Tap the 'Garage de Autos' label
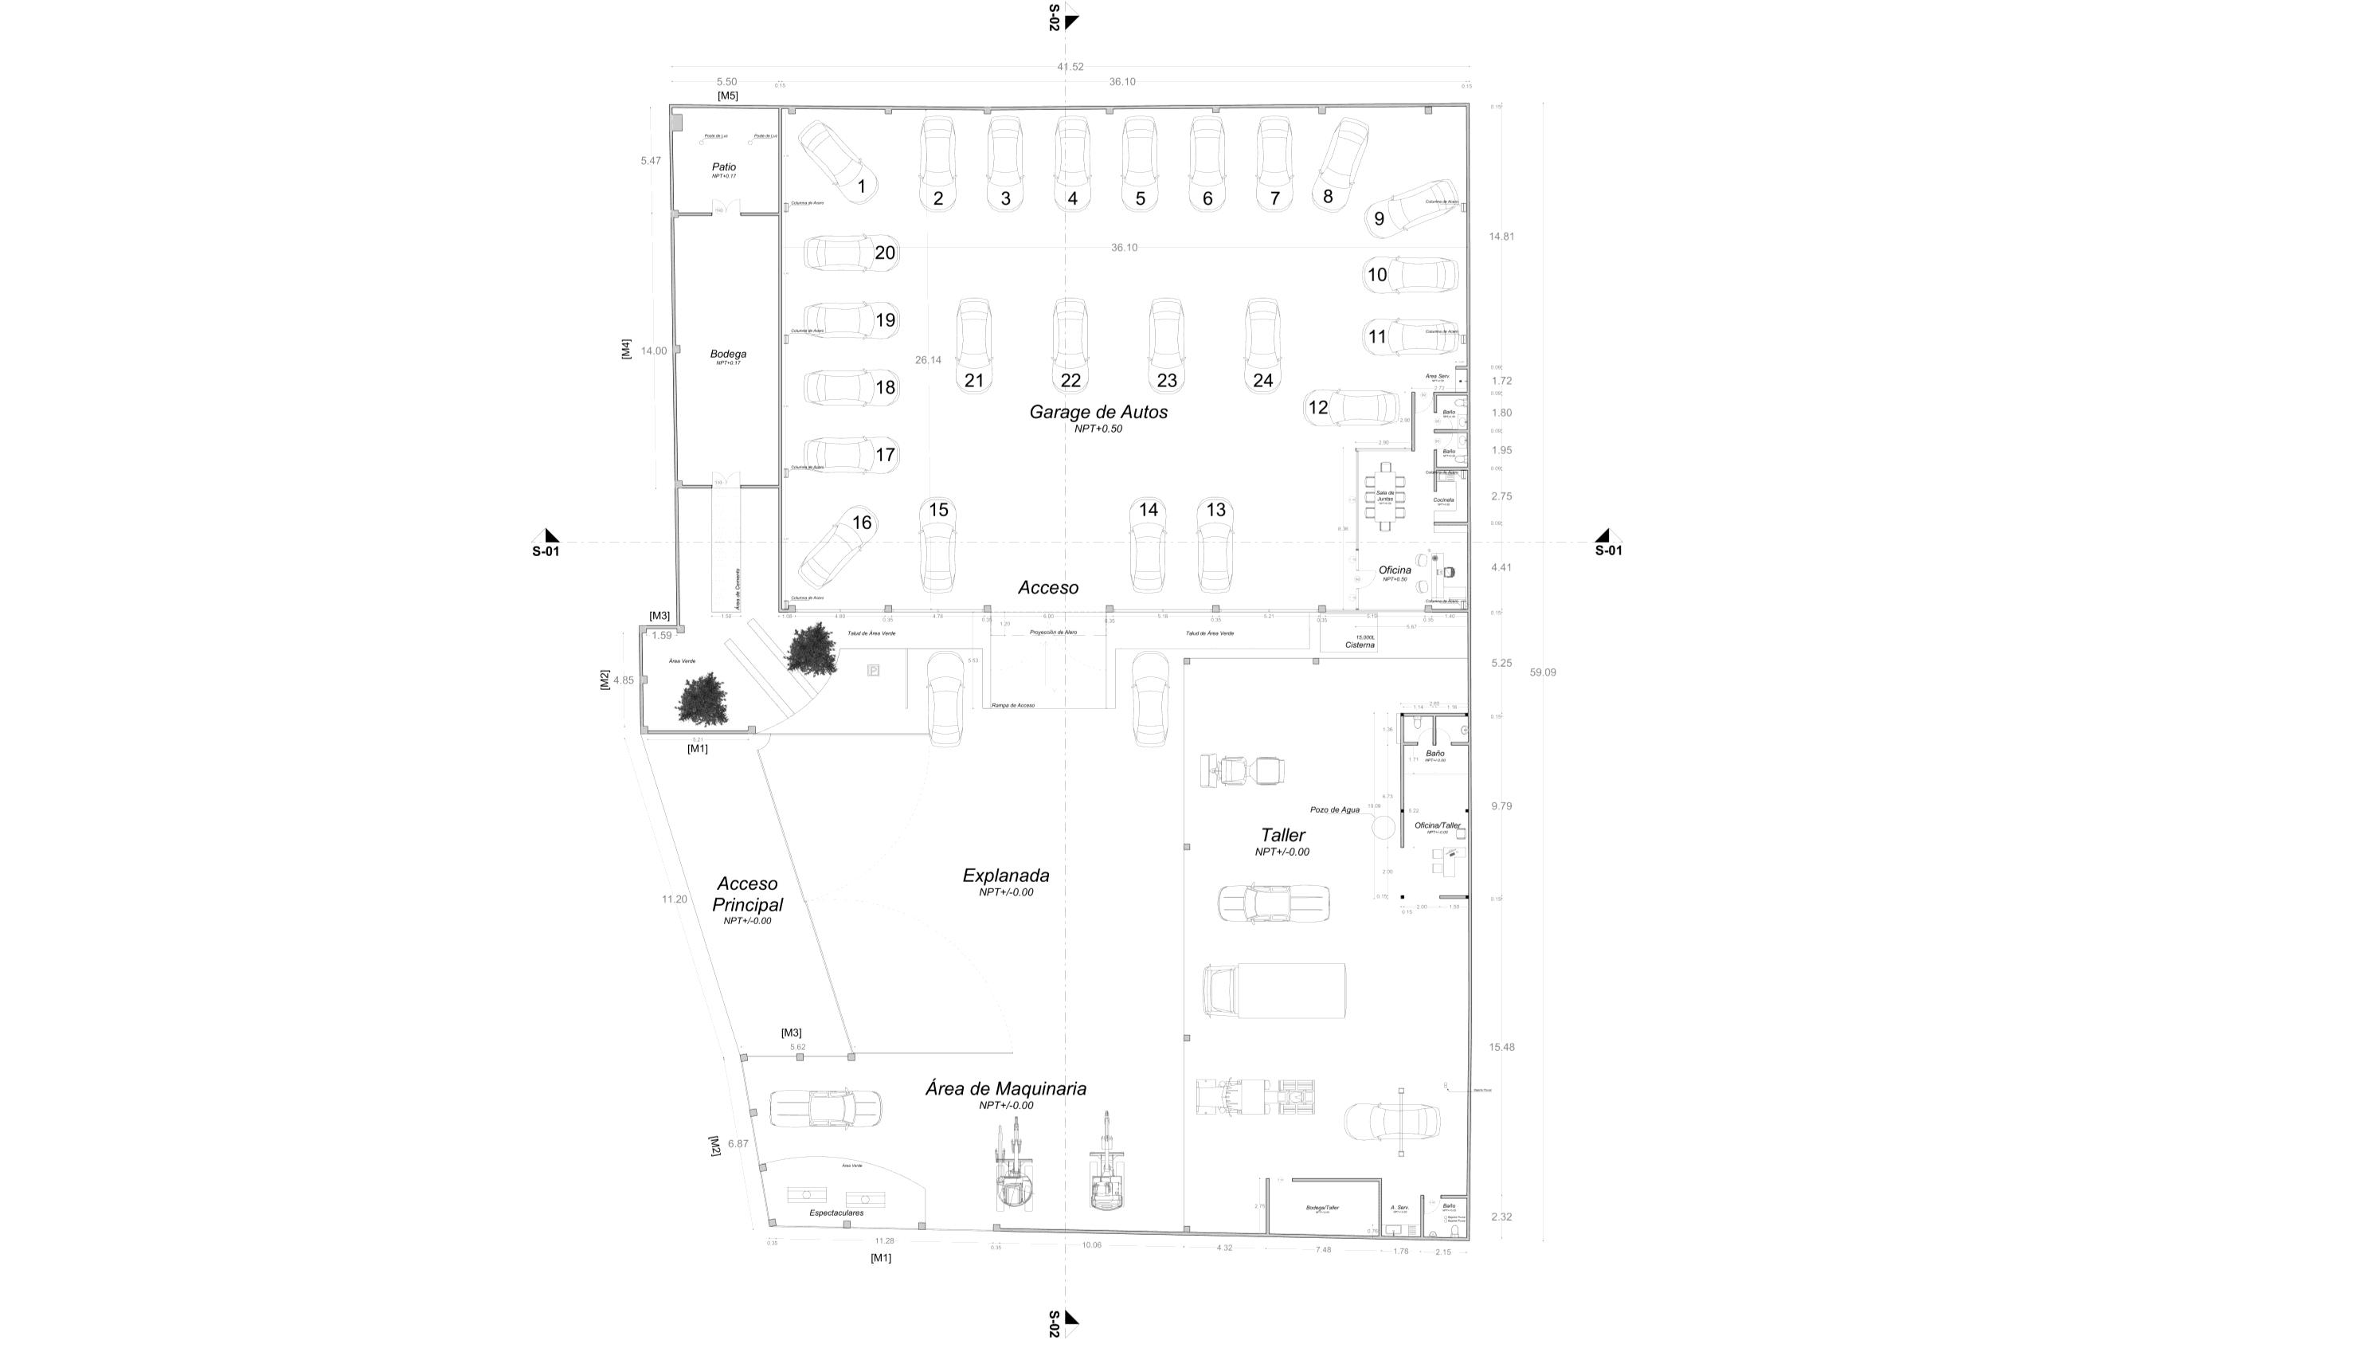tap(1098, 412)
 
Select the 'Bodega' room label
tap(728, 354)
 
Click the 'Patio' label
tap(724, 167)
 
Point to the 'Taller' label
tap(1283, 836)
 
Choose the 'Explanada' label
tap(1005, 876)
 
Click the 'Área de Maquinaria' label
tap(1005, 1089)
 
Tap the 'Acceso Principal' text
tap(747, 894)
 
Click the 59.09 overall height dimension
tap(1543, 672)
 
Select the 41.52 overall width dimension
tap(1070, 67)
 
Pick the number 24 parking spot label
tap(1262, 381)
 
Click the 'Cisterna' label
tap(1360, 645)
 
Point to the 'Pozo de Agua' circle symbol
tap(1384, 825)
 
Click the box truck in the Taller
tap(1274, 991)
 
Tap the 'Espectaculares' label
tap(836, 1213)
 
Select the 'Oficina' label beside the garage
tap(1395, 570)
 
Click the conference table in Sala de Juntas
tap(1385, 497)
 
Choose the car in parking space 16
tap(838, 548)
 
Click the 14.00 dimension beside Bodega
tap(654, 351)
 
